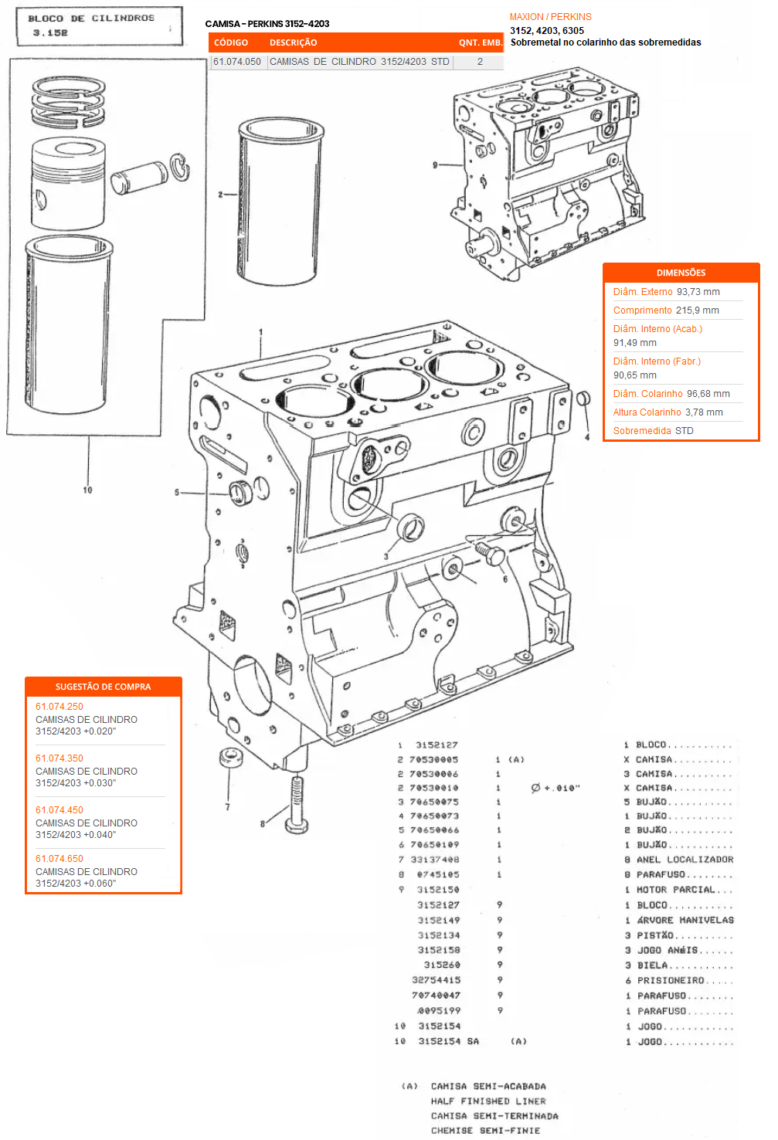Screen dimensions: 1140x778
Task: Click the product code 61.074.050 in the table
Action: coord(237,62)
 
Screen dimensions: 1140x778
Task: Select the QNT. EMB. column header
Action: coord(480,42)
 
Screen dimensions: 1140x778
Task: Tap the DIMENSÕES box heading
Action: coord(681,273)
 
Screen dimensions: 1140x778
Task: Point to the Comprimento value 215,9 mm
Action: coord(698,310)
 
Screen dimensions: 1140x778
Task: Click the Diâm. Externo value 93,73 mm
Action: coord(698,292)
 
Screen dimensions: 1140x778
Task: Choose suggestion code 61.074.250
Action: coord(59,707)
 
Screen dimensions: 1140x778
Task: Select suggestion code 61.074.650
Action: coord(59,859)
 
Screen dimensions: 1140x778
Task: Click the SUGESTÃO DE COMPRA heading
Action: coord(103,687)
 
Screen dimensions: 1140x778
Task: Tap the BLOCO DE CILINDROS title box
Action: coord(99,25)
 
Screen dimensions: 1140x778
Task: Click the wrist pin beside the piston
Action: coord(139,177)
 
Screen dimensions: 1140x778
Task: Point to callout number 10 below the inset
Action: coord(87,490)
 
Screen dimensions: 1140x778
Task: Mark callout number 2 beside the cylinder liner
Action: coord(220,195)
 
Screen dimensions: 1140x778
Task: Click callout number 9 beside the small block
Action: coord(435,165)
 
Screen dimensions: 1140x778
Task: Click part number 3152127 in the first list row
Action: coord(437,745)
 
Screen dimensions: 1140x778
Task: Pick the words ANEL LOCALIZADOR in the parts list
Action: coord(685,860)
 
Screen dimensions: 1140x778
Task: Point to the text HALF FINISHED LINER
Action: coord(488,1101)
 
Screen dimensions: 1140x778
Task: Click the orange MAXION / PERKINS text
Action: coord(550,17)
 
